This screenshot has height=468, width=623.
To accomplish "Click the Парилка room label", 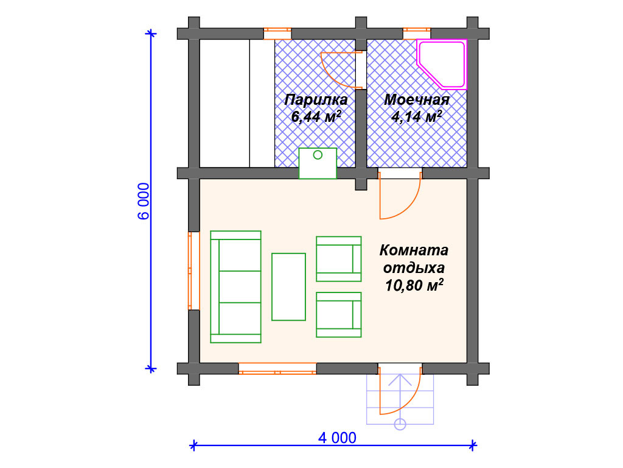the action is click(316, 99).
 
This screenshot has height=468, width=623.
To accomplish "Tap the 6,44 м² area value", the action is click(316, 116).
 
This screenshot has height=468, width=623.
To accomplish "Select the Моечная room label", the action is click(417, 99).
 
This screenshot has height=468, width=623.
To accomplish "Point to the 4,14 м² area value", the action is click(417, 116).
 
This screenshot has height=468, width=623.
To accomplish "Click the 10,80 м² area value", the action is click(414, 285).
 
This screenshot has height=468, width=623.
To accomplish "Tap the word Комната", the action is click(414, 250).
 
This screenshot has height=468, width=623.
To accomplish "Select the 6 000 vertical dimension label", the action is click(144, 201).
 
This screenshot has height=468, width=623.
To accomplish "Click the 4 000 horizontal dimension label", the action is click(337, 438).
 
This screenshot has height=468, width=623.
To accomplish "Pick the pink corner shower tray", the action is click(442, 64).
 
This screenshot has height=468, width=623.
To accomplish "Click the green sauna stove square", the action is click(318, 163).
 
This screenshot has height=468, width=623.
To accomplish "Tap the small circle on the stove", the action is click(318, 155).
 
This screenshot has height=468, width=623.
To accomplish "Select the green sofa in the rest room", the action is click(235, 286).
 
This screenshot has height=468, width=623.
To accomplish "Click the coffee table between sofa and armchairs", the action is click(288, 286).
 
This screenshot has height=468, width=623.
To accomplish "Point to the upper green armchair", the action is click(338, 258).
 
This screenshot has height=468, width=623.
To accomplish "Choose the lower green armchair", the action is click(338, 315).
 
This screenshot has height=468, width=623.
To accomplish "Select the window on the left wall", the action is click(193, 271).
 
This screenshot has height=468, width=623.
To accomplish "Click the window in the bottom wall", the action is click(277, 369).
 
